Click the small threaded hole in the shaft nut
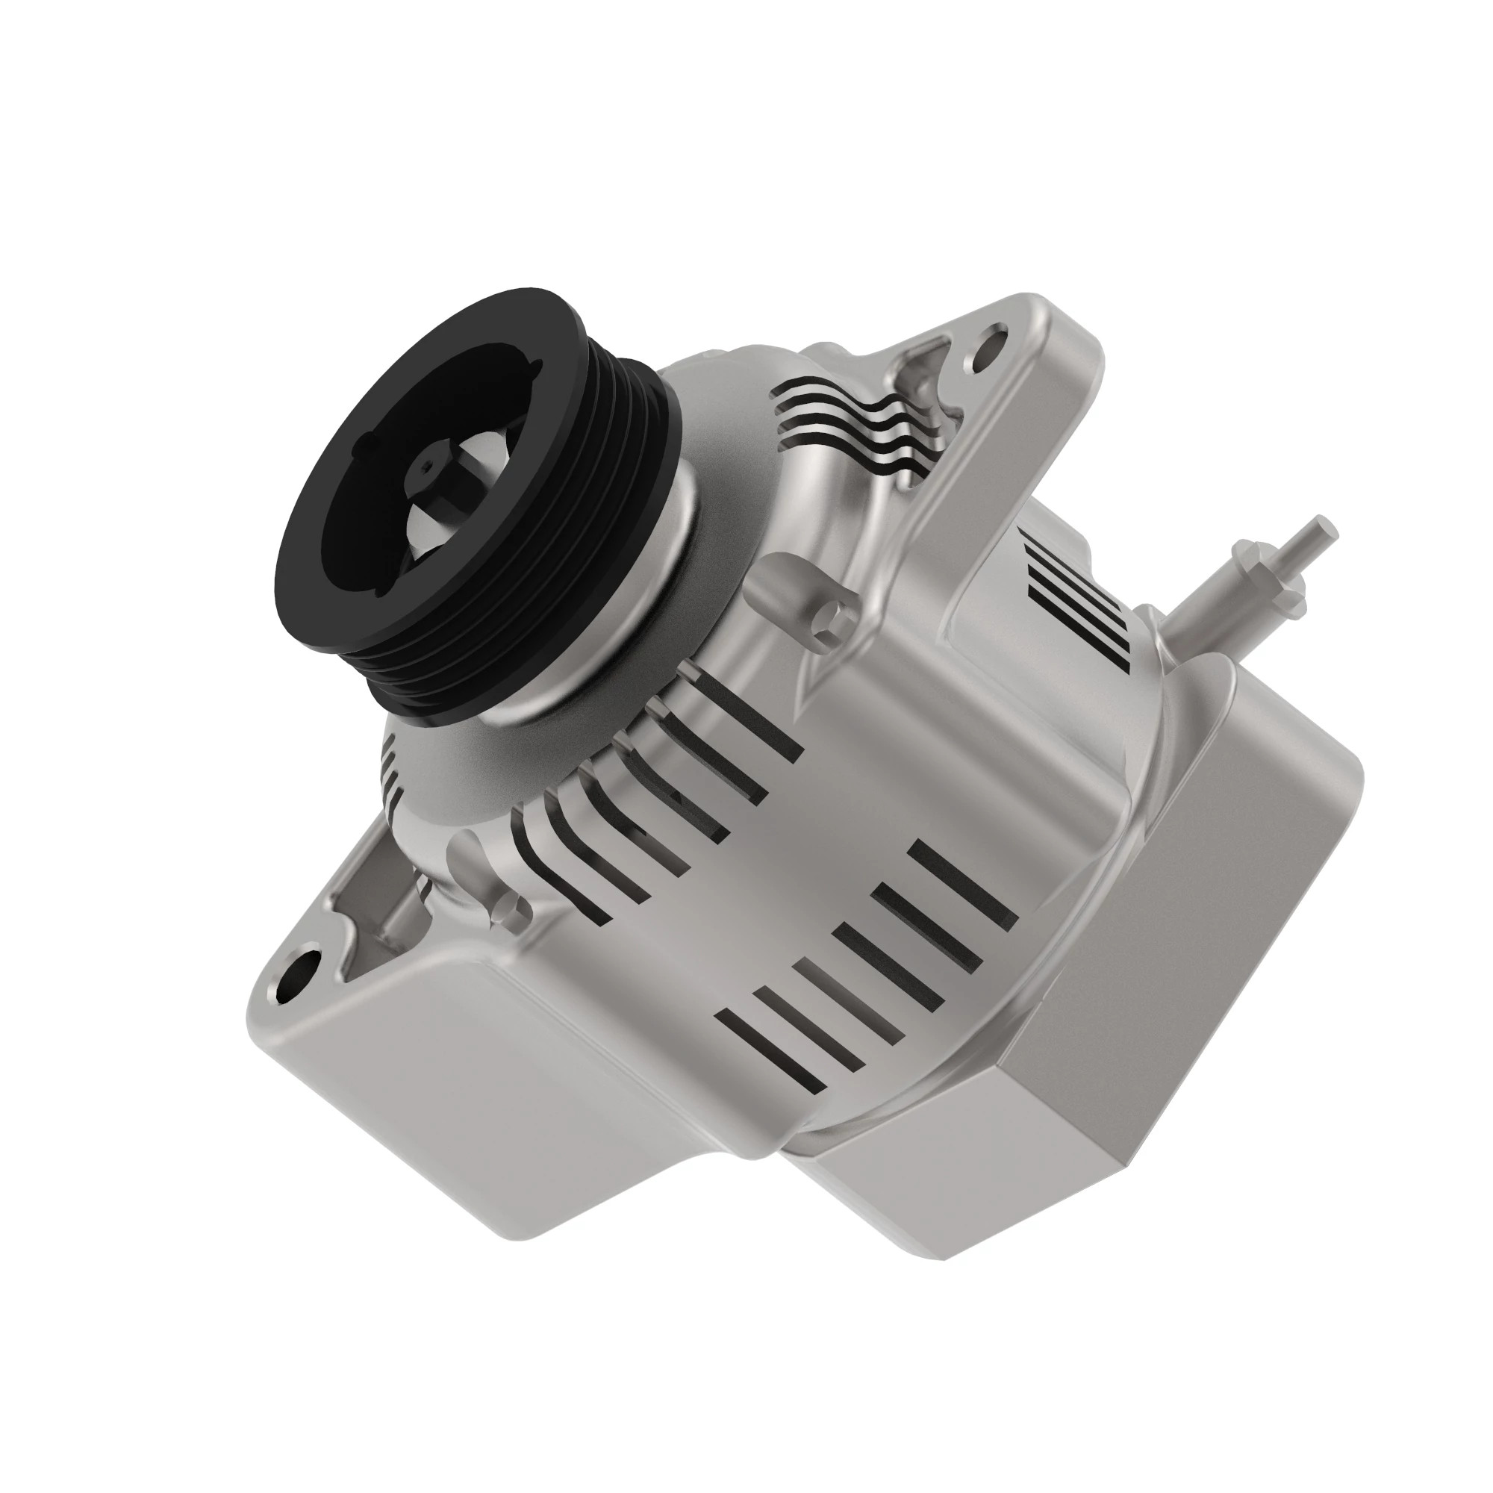427,465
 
